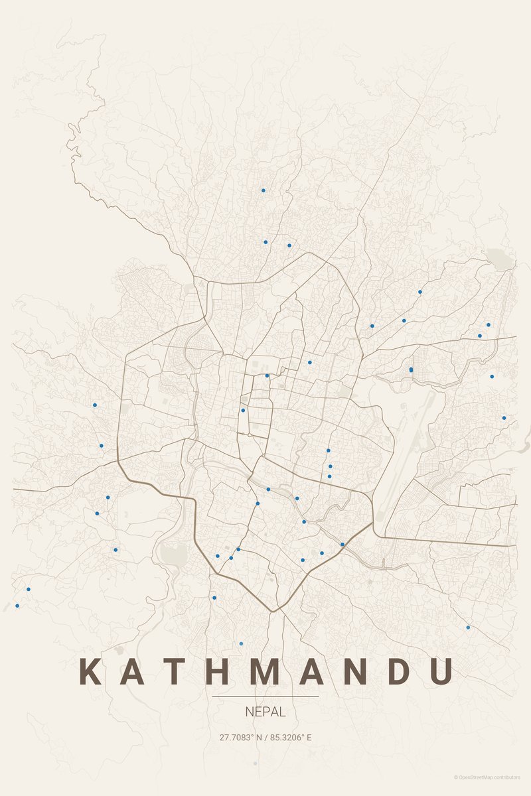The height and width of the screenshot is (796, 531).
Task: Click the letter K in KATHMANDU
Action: (90, 671)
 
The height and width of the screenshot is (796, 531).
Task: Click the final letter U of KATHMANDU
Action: (441, 671)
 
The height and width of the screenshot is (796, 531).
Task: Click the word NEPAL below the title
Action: (265, 712)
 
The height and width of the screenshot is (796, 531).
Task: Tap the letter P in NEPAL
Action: (265, 712)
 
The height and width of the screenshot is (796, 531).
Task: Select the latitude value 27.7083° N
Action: (241, 737)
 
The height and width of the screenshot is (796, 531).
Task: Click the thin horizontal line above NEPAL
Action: (265, 696)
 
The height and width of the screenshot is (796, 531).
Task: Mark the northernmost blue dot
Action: (263, 190)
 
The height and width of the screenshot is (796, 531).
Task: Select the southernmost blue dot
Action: (241, 643)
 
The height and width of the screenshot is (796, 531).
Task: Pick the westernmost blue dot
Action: (17, 606)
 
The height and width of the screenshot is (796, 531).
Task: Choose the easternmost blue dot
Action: (504, 418)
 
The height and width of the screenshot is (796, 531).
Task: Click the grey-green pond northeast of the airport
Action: (499, 258)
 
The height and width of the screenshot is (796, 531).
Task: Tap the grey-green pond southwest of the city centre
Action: (172, 554)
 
